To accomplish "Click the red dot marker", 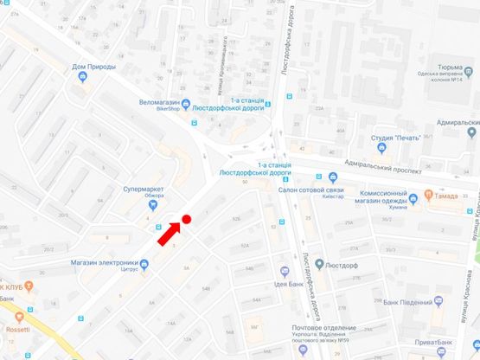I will coord(186,220).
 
